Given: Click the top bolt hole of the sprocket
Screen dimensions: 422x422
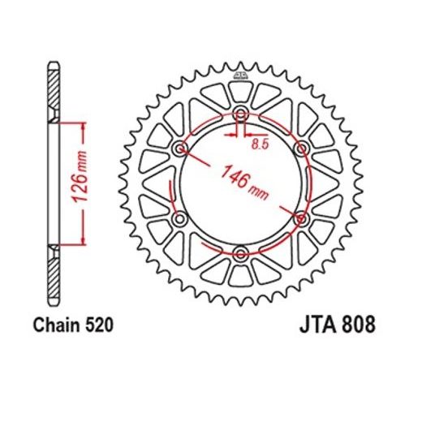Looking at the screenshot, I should [241, 114].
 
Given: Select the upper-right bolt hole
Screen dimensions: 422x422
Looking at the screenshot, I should [301, 149].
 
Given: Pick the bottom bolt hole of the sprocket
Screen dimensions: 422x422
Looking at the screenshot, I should [241, 253].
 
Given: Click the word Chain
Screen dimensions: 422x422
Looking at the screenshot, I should [54, 325].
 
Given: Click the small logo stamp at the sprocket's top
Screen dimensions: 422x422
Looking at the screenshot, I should [241, 78].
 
